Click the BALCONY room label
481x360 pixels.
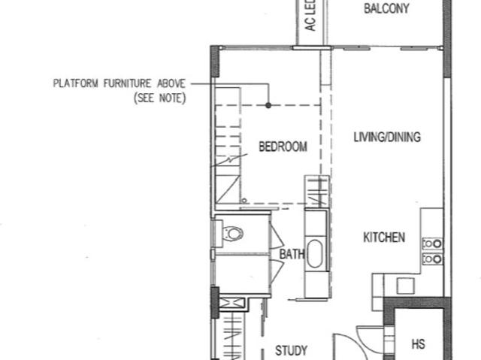[x=386, y=9]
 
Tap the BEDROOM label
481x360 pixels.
[x=283, y=147]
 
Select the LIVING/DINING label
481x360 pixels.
[x=386, y=138]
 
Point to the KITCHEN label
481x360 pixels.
[x=384, y=237]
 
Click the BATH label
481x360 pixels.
[x=292, y=255]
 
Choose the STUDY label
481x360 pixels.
[x=290, y=350]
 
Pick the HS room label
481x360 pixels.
[x=419, y=344]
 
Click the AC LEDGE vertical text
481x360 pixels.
[x=311, y=23]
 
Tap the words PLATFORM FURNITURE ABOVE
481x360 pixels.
[x=119, y=83]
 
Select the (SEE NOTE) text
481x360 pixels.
[x=159, y=98]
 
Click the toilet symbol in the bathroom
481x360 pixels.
[x=234, y=233]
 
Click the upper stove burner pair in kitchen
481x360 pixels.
[x=432, y=243]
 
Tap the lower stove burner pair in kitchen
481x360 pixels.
[x=432, y=259]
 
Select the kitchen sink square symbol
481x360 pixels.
[x=405, y=286]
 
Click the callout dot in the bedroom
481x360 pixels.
[x=268, y=105]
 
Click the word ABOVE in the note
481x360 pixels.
[x=171, y=83]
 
